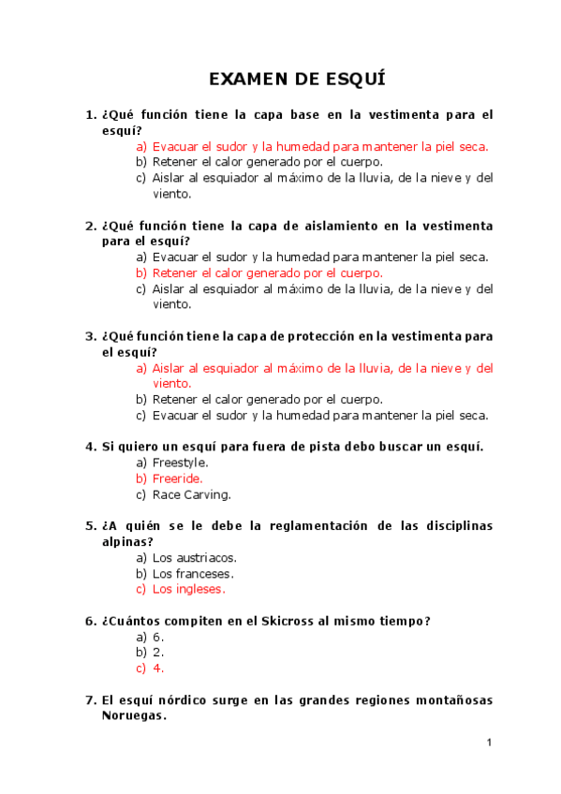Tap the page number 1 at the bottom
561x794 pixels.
(x=489, y=743)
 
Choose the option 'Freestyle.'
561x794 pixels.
(x=180, y=463)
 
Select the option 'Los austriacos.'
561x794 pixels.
(x=194, y=557)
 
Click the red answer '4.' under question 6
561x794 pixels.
(x=158, y=669)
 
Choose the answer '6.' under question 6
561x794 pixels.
(x=158, y=637)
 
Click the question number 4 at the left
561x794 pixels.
(x=91, y=446)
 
